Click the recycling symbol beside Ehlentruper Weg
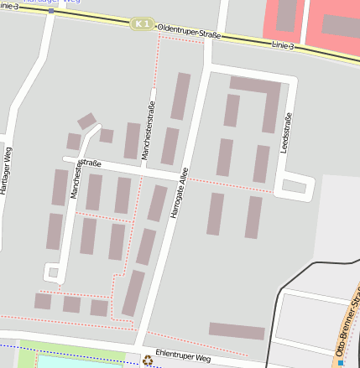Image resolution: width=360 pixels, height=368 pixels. pyautogui.click(x=149, y=360)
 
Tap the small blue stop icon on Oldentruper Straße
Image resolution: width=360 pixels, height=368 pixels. pyautogui.click(x=52, y=10)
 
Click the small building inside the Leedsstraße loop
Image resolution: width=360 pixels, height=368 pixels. pyautogui.click(x=294, y=186)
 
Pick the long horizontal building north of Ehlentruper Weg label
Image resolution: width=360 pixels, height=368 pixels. pyautogui.click(x=237, y=331)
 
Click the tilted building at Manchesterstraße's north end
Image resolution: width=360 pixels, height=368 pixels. pyautogui.click(x=87, y=122)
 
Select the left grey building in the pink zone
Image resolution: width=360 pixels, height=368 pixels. pyautogui.click(x=286, y=15)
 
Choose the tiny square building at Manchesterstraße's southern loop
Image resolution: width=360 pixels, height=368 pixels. pyautogui.click(x=53, y=272)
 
